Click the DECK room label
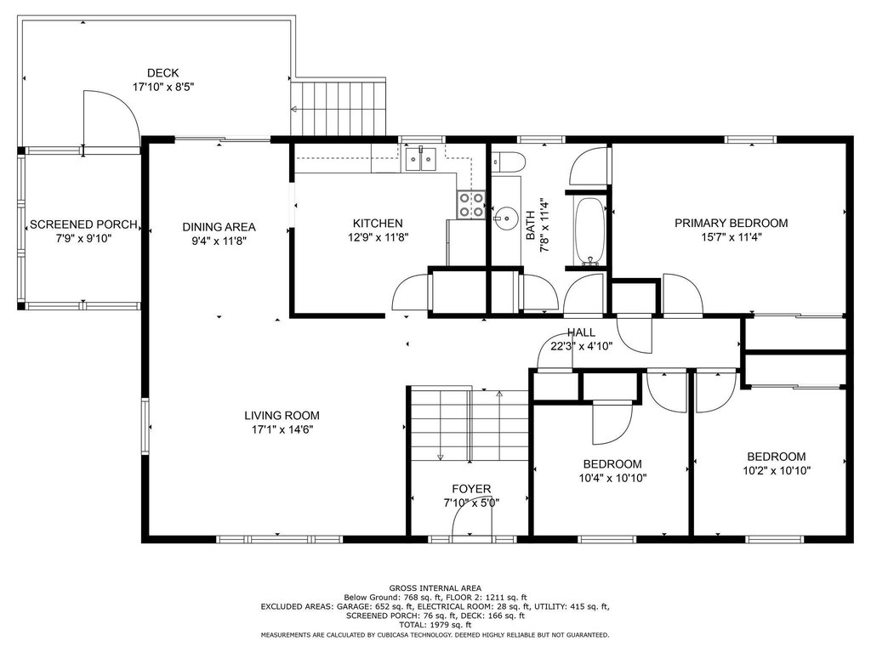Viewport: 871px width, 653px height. click(162, 73)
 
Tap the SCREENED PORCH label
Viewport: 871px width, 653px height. click(83, 224)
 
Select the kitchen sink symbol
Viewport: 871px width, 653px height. click(421, 159)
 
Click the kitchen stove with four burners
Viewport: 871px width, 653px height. click(470, 204)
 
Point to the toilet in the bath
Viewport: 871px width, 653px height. click(509, 162)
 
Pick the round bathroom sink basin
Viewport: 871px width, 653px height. click(505, 218)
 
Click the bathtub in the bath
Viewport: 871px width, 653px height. click(589, 231)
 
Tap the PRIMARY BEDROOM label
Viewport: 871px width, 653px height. click(731, 224)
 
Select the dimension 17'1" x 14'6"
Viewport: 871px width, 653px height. click(282, 429)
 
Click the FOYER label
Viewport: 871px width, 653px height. click(471, 489)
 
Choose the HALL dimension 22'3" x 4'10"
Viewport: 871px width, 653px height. click(582, 347)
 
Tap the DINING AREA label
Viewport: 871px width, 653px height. click(219, 226)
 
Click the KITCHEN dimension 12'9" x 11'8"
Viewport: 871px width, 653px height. click(378, 238)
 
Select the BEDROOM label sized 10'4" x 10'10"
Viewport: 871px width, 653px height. click(612, 463)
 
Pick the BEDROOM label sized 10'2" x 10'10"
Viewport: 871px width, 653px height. click(776, 457)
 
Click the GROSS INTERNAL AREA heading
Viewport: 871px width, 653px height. click(435, 588)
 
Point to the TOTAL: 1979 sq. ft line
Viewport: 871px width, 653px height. click(435, 625)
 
